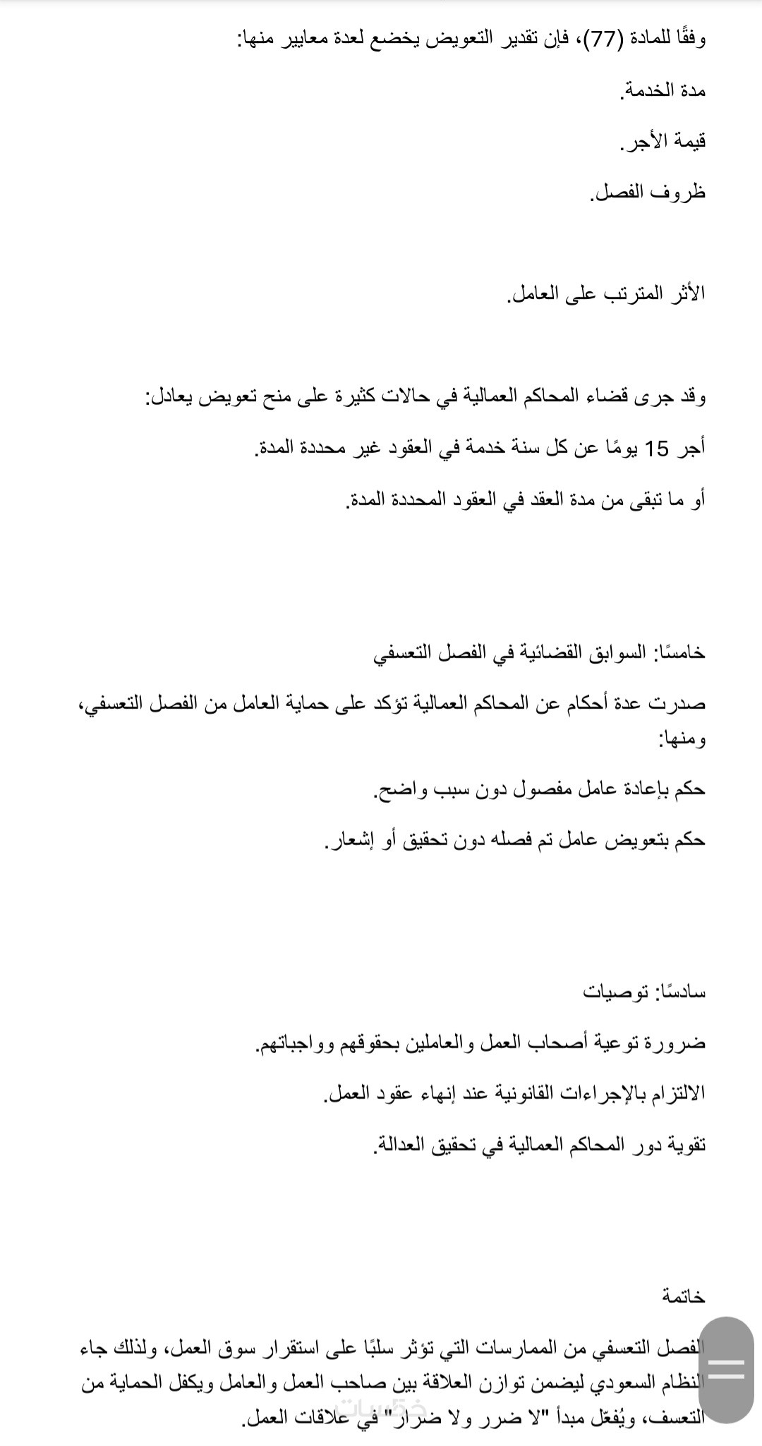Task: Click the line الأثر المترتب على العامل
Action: (x=606, y=293)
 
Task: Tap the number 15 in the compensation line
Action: (x=657, y=449)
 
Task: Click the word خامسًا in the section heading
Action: (x=680, y=652)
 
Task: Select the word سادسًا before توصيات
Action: (x=680, y=992)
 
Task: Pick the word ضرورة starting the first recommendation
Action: (x=679, y=1043)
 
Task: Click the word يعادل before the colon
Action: (x=170, y=398)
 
